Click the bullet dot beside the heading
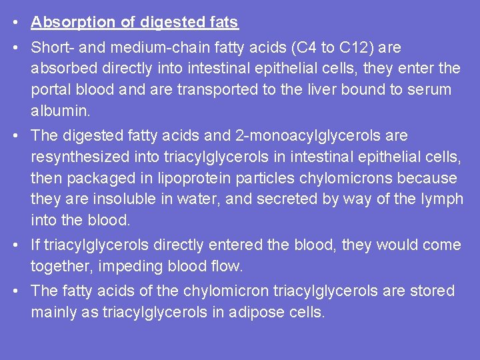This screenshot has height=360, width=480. [14, 23]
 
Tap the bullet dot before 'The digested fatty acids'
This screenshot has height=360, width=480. [14, 136]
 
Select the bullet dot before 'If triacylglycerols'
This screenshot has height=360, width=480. [14, 245]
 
